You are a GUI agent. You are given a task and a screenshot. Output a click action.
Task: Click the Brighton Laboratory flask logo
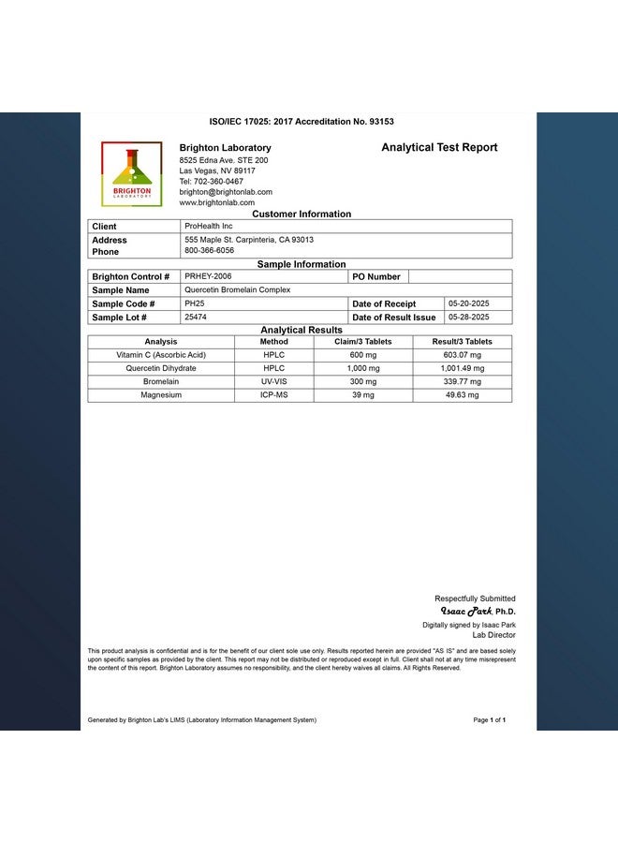pos(131,173)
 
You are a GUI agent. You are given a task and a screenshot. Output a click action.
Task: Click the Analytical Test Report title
pos(439,148)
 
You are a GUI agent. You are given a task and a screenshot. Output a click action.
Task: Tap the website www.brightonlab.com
pos(216,202)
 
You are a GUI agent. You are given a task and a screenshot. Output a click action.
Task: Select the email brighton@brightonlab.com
pos(226,192)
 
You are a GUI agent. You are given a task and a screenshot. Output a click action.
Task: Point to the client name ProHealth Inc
pos(209,226)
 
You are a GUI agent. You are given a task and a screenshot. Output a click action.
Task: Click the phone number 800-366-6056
pos(210,251)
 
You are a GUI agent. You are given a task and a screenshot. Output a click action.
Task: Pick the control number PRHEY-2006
pos(208,276)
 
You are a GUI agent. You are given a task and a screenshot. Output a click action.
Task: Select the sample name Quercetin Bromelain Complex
pos(237,290)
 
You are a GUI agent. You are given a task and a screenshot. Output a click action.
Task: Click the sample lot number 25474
pos(196,317)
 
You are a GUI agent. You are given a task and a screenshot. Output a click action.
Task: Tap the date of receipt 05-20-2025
pos(468,303)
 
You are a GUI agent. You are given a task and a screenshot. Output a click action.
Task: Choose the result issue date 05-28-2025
pos(468,317)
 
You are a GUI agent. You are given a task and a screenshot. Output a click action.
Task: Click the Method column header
pos(273,342)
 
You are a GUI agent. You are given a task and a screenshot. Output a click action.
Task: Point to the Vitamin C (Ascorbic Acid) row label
pos(161,355)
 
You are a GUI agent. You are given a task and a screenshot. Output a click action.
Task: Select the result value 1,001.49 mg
pos(462,368)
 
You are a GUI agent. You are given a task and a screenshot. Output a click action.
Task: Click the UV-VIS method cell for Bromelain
pos(273,381)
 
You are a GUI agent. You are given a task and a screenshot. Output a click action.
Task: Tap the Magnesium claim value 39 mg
pos(362,395)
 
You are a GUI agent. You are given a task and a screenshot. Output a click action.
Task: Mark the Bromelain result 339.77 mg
pos(462,381)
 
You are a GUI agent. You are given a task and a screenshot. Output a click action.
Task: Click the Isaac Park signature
pos(465,611)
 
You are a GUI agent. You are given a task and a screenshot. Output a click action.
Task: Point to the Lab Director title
pos(493,635)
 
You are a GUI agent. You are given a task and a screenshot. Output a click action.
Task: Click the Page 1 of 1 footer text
pos(490,720)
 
